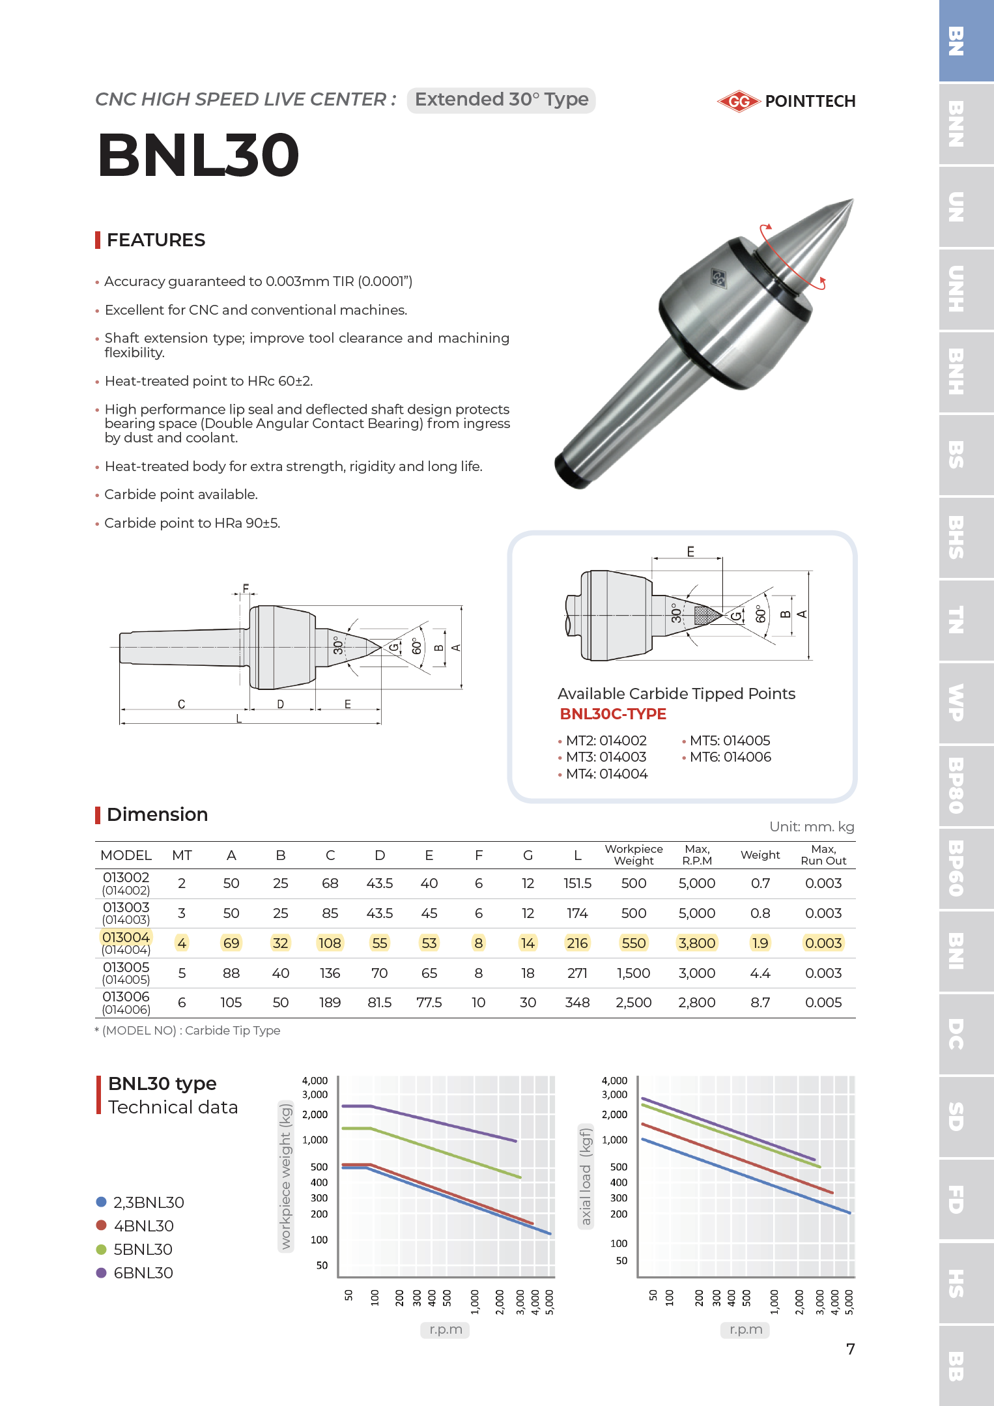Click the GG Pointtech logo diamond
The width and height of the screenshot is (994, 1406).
pyautogui.click(x=739, y=101)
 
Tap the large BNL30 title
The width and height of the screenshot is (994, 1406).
pyautogui.click(x=199, y=155)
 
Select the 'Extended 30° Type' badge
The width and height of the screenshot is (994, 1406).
pyautogui.click(x=501, y=100)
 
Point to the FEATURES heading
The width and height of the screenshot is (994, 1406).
pyautogui.click(x=156, y=240)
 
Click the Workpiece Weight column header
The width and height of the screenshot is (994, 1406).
pyautogui.click(x=633, y=855)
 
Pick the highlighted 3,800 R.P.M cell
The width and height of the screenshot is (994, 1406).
pyautogui.click(x=696, y=943)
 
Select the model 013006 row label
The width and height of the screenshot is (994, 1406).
pyautogui.click(x=126, y=1002)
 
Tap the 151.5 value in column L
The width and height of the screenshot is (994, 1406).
pyautogui.click(x=577, y=883)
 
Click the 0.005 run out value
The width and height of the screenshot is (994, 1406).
pyautogui.click(x=823, y=1002)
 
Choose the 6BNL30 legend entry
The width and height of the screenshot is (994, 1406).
pyautogui.click(x=143, y=1273)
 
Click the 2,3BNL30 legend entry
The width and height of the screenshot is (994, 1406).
pyautogui.click(x=148, y=1203)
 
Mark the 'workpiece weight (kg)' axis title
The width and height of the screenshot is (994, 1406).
pyautogui.click(x=285, y=1175)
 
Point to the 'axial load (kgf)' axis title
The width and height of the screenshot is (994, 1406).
pyautogui.click(x=586, y=1177)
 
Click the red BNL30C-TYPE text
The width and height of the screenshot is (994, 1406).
pyautogui.click(x=613, y=714)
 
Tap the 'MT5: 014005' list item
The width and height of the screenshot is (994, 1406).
pyautogui.click(x=729, y=741)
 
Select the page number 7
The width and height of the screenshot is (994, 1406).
pyautogui.click(x=850, y=1349)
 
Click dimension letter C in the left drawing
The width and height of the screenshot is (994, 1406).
pyautogui.click(x=181, y=704)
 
